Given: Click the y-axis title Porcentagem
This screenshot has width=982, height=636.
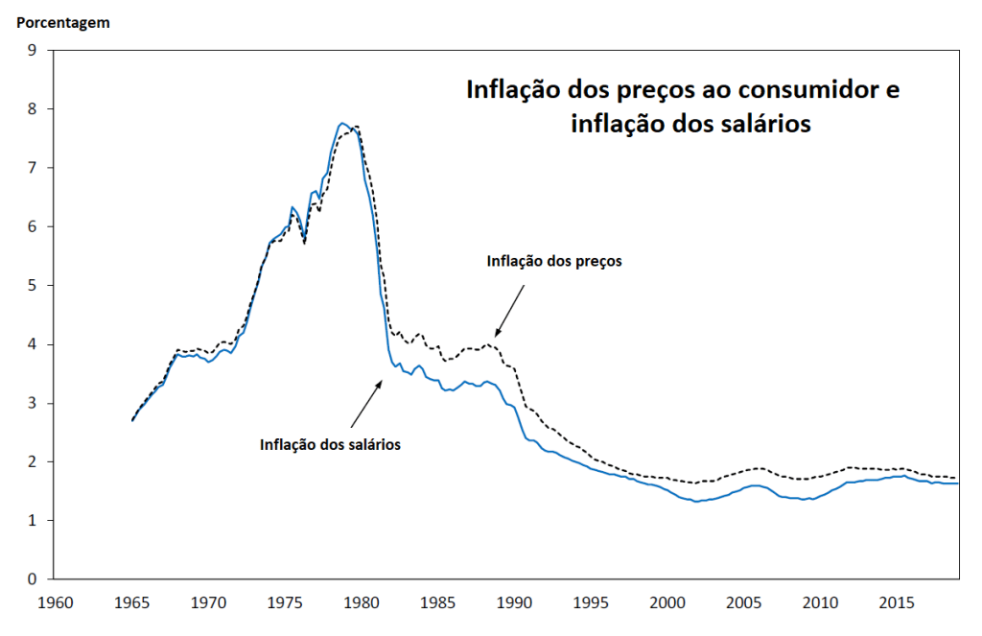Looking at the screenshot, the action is [62, 23].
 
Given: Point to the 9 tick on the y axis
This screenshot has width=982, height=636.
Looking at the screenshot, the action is [33, 50].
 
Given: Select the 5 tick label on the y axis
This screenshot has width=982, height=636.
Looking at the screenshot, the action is [33, 286].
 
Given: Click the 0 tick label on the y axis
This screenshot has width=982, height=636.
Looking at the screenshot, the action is [33, 579].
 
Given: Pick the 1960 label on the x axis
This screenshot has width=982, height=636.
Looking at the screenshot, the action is [55, 602].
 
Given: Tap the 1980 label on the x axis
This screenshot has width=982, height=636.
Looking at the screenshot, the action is [362, 602].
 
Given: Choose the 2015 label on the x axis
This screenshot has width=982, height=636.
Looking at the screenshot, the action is [897, 602].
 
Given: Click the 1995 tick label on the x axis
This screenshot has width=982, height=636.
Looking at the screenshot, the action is [591, 602].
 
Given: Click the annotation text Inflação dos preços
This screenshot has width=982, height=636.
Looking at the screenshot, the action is [554, 261].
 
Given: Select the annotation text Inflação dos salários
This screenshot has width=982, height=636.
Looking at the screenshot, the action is [330, 444].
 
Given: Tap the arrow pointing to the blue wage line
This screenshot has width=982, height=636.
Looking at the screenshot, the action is [366, 404].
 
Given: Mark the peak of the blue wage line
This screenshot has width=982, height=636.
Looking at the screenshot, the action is [342, 124].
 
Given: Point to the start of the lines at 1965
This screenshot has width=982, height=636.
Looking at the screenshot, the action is [132, 420].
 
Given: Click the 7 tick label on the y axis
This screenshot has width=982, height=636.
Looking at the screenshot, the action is [33, 168].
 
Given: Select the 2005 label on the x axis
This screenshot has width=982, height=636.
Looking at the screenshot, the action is [743, 602].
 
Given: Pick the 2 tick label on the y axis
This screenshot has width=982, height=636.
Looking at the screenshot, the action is [33, 461].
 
